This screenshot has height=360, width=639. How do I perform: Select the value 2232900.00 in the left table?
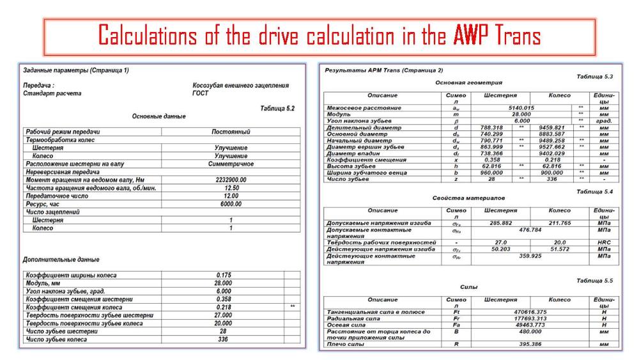[230, 180]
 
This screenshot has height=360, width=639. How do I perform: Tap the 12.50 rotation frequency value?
[231, 188]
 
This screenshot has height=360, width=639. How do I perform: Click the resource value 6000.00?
[231, 204]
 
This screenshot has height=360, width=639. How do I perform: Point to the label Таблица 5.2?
[277, 109]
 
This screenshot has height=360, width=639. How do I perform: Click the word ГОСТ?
[200, 93]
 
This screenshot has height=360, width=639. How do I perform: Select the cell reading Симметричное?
[231, 164]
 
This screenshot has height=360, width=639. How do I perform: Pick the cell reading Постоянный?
[231, 132]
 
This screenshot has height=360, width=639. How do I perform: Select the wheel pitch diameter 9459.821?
[550, 127]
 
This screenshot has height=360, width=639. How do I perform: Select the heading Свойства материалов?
[468, 198]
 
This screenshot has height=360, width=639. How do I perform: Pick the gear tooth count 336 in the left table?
[223, 340]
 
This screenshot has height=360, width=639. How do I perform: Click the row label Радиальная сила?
[355, 318]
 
